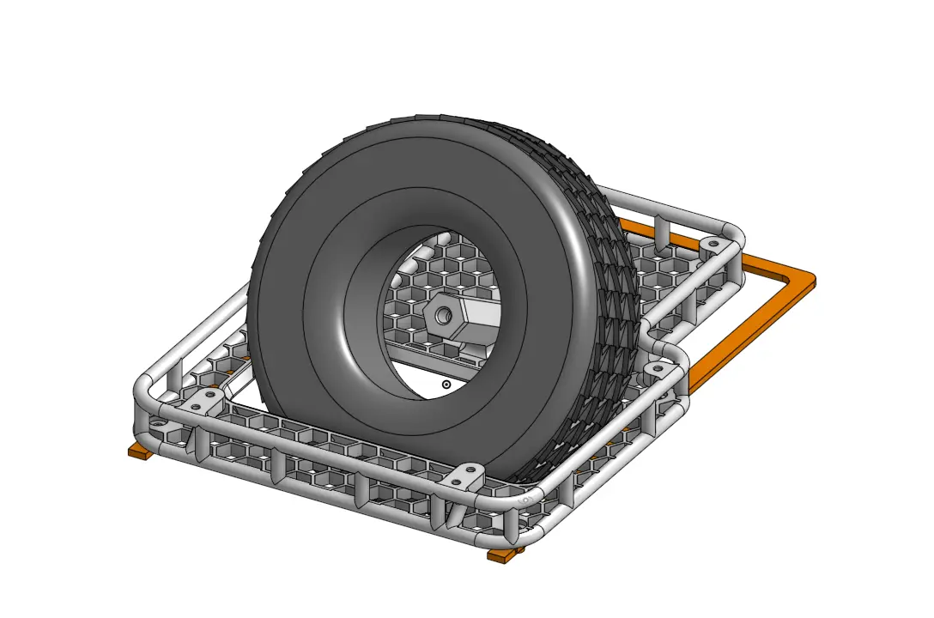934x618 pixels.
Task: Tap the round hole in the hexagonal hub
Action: pos(443,316)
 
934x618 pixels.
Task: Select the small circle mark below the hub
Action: pos(446,385)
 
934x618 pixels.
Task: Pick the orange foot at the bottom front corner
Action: pos(504,555)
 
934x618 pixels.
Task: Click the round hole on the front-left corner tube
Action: pos(159,424)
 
